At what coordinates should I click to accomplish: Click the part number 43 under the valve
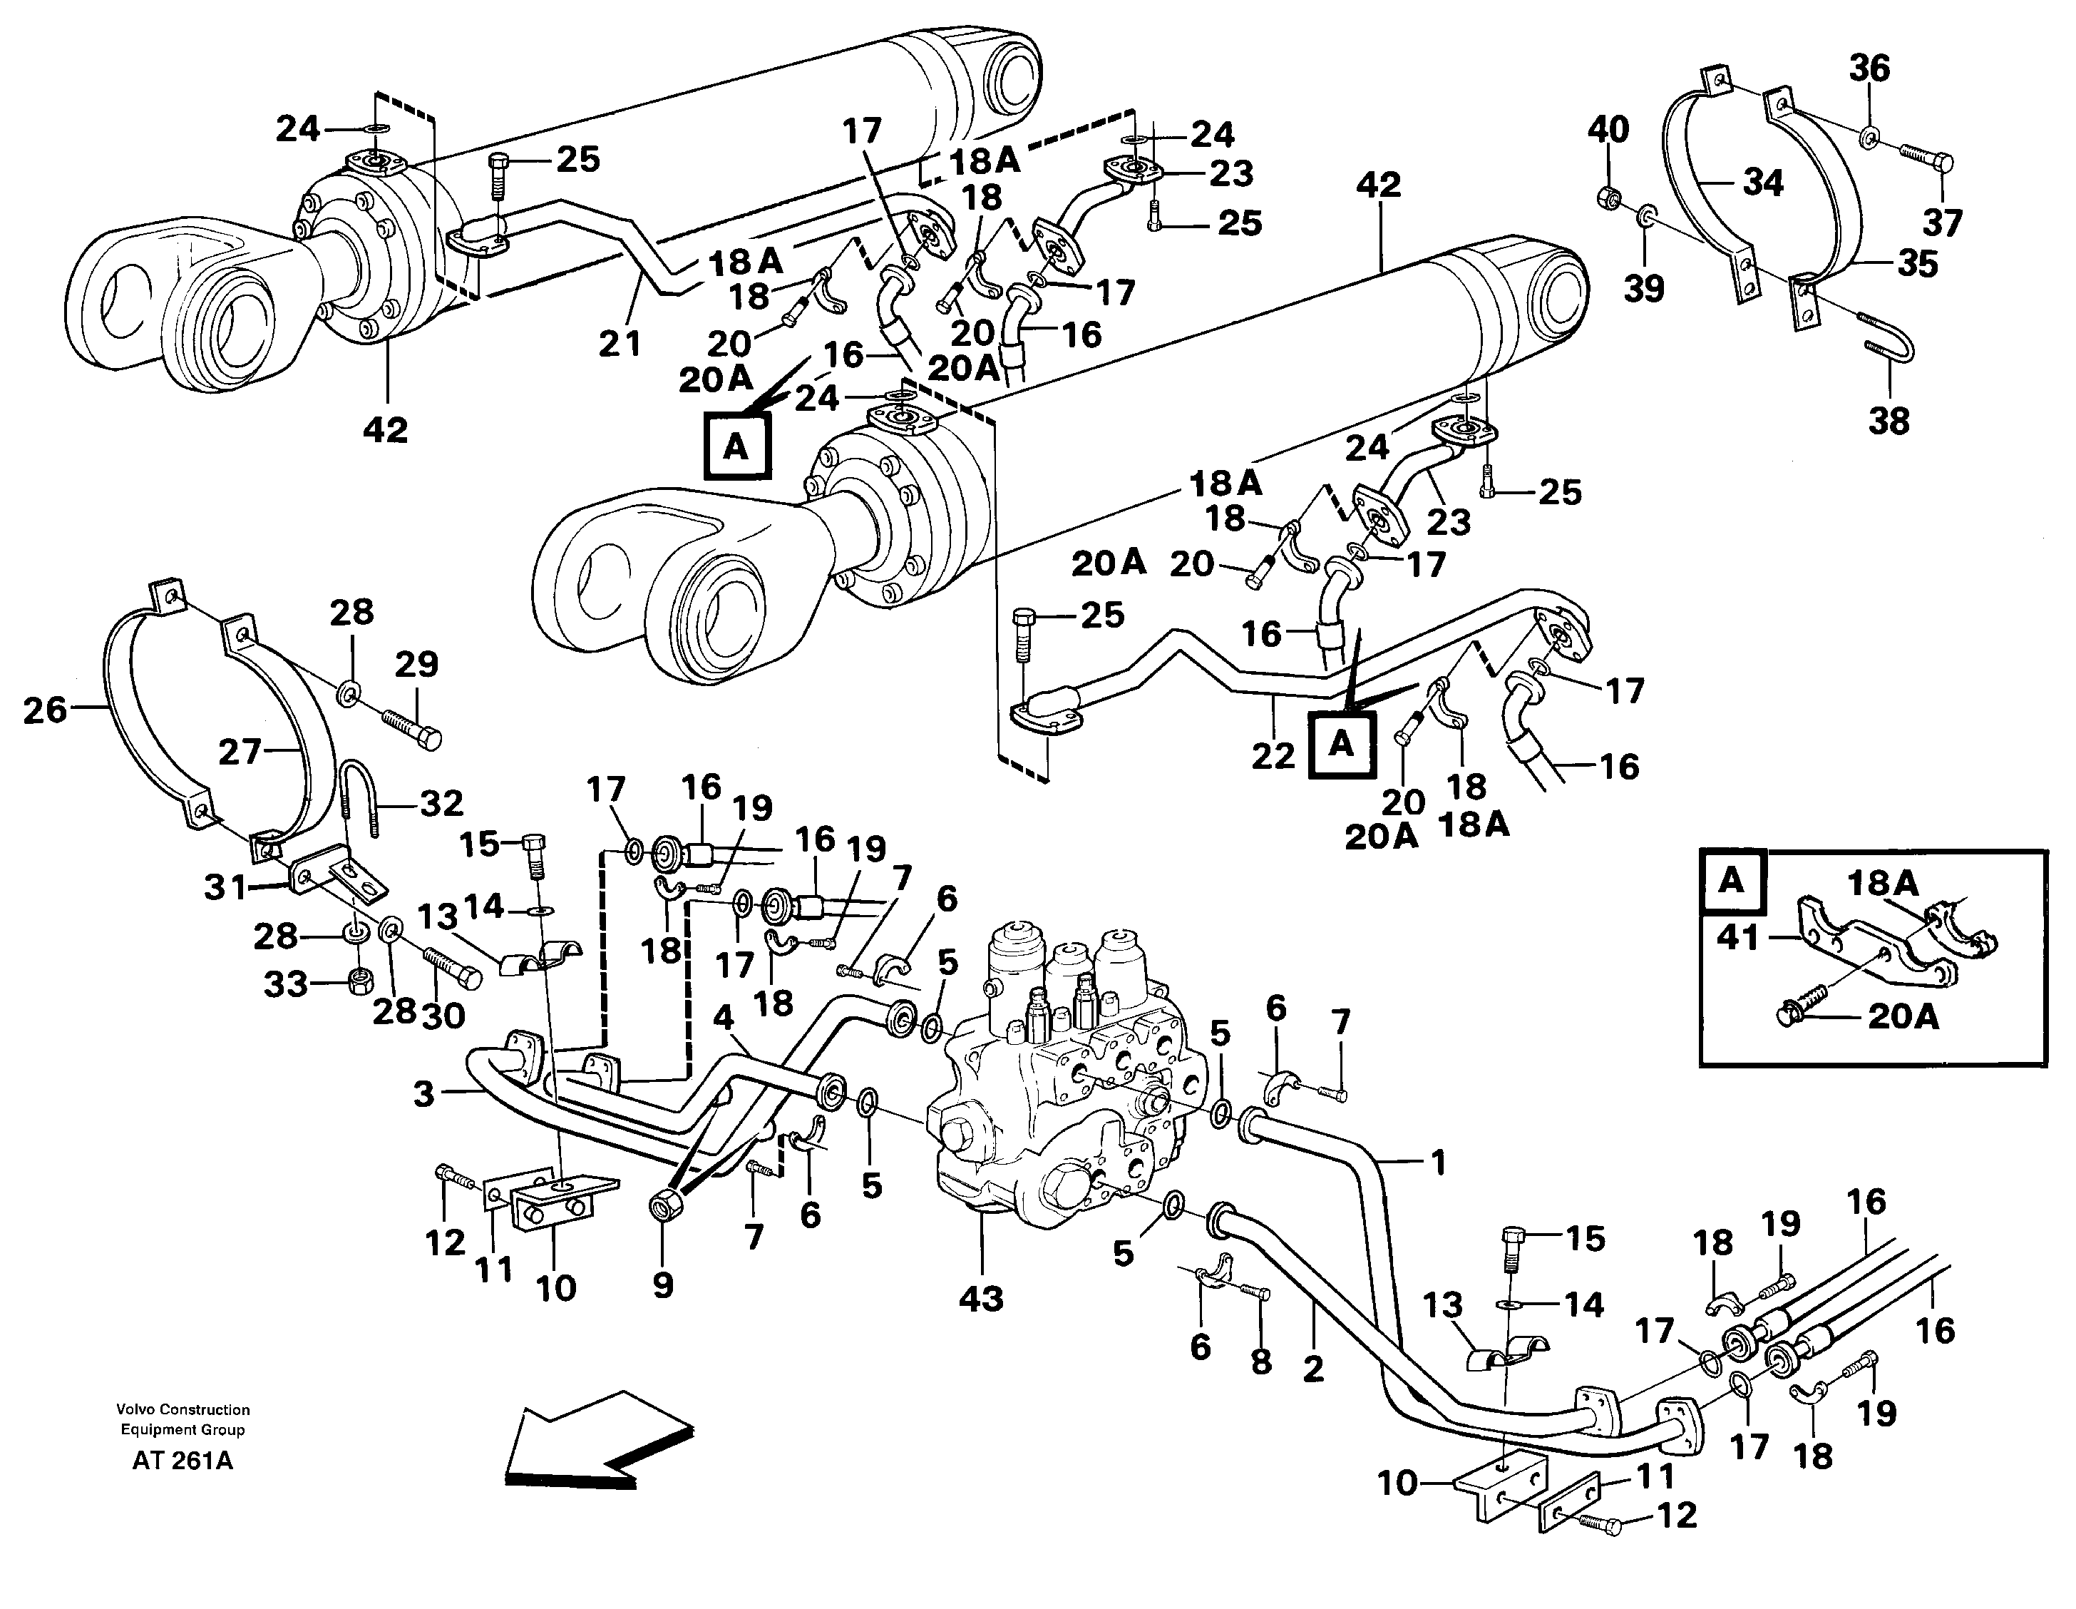coord(980,1298)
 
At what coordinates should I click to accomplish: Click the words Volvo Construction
coord(183,1409)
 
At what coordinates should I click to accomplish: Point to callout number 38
coord(1888,419)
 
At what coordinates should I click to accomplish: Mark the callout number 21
coord(620,342)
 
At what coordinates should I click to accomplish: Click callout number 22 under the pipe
coord(1273,755)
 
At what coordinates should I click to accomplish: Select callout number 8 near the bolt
coord(1260,1362)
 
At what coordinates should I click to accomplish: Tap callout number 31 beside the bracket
coord(225,888)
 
